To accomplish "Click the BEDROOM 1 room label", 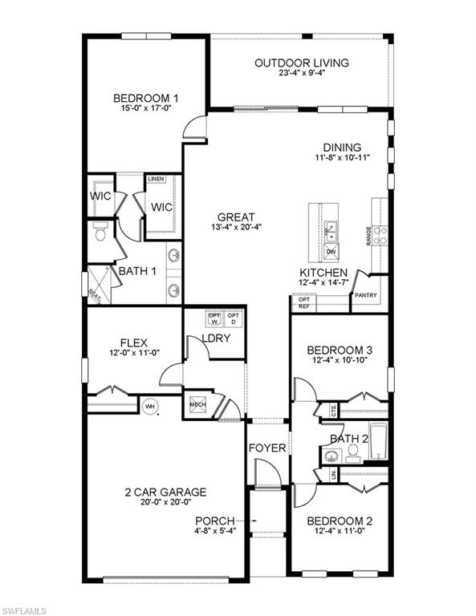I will coord(145,99).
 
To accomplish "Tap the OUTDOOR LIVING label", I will coord(301,63).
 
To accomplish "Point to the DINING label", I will coord(342,148).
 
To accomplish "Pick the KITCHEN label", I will coord(323,273).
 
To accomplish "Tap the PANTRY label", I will coord(366,295).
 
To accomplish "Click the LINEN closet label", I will coord(156,179).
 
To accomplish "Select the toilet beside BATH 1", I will coord(100,233).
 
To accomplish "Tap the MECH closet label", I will coord(197,405).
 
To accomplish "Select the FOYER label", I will coord(266,448).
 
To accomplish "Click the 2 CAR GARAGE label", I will coord(165,492).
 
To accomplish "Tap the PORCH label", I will coord(215,520).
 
